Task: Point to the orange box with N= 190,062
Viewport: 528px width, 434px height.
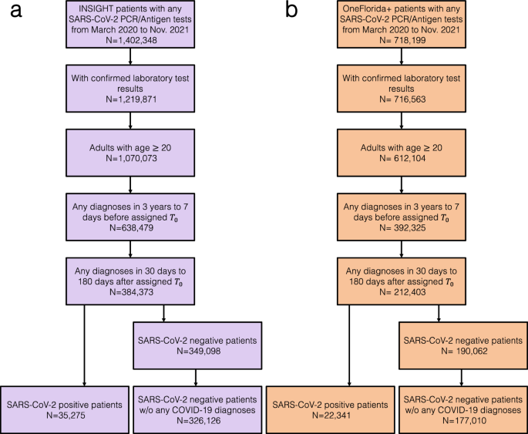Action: pos(461,345)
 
